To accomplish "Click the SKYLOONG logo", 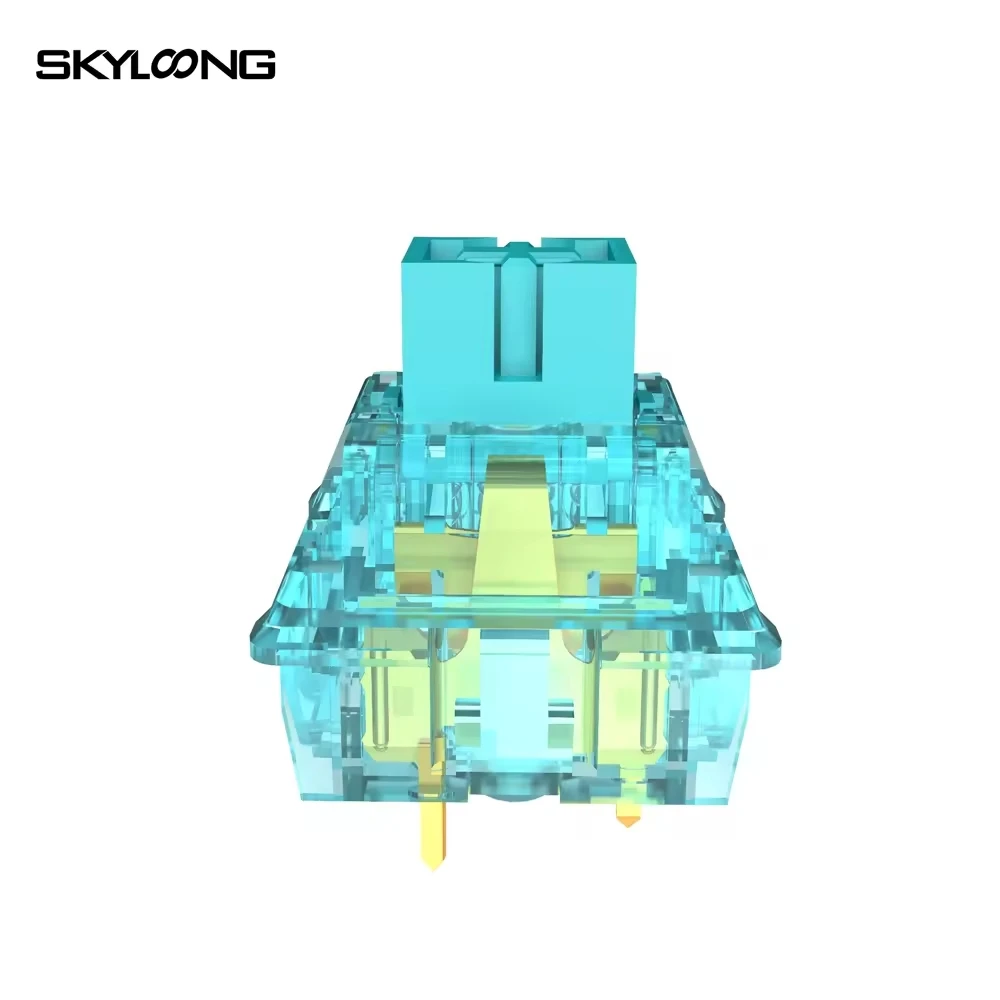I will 155,65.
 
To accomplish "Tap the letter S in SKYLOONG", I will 50,65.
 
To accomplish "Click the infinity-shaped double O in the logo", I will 181,65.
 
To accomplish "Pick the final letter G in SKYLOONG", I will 257,65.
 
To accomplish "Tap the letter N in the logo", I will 225,65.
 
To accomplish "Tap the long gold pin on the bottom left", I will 432,820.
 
